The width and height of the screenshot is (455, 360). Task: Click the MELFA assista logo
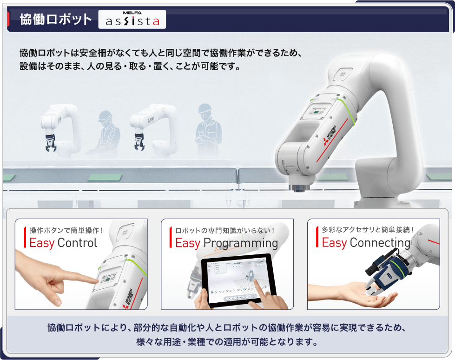click(x=132, y=19)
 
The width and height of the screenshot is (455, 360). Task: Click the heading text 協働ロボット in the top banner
click(x=56, y=20)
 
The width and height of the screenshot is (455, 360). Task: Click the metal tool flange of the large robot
click(x=299, y=187)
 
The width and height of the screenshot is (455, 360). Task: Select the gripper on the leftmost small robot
click(x=50, y=143)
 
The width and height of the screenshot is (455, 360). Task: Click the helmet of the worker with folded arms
click(x=205, y=108)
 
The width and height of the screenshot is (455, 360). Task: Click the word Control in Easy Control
click(x=77, y=243)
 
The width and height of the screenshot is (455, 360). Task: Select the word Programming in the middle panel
click(x=241, y=243)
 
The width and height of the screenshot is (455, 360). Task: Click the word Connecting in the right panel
click(x=380, y=243)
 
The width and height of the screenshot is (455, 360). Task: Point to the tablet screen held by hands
click(x=238, y=280)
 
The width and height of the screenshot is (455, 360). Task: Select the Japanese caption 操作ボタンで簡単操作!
click(x=66, y=230)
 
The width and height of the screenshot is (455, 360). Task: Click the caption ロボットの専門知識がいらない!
click(x=225, y=230)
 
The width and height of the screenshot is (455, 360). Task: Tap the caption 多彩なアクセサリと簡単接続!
click(x=368, y=230)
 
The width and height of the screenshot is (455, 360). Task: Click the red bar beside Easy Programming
click(x=171, y=237)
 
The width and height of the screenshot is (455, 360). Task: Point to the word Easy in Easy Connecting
click(x=334, y=243)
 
